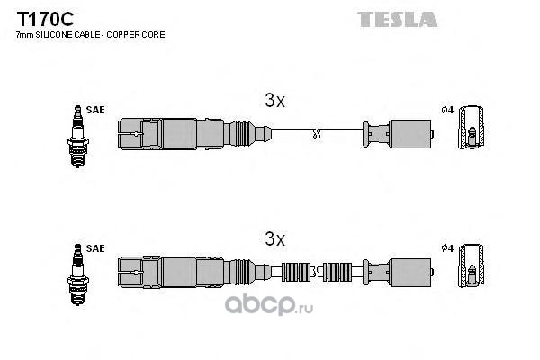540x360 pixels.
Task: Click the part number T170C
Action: click(45, 19)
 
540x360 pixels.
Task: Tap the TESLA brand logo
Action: click(398, 19)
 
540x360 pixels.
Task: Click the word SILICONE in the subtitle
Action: click(53, 35)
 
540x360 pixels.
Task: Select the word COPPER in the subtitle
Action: click(121, 35)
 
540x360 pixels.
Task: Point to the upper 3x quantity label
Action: click(274, 100)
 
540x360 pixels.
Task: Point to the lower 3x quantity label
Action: click(274, 238)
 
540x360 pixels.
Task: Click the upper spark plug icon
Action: click(77, 137)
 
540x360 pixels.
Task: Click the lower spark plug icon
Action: click(77, 274)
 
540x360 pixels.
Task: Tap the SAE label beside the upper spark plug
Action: click(95, 110)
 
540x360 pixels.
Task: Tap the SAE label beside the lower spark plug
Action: click(95, 248)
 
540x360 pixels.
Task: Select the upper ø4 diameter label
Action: click(447, 110)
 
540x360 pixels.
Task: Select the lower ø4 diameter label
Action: click(447, 248)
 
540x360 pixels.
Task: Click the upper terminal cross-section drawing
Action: click(471, 128)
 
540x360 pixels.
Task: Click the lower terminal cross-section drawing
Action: click(471, 265)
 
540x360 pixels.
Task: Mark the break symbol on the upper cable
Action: click(317, 134)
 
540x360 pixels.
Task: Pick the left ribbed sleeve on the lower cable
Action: click(296, 272)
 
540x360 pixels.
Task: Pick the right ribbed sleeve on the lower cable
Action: click(337, 272)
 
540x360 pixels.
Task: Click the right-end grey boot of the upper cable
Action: click(410, 134)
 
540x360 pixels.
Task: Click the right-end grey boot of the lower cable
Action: click(410, 272)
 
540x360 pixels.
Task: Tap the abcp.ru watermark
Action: click(269, 305)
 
